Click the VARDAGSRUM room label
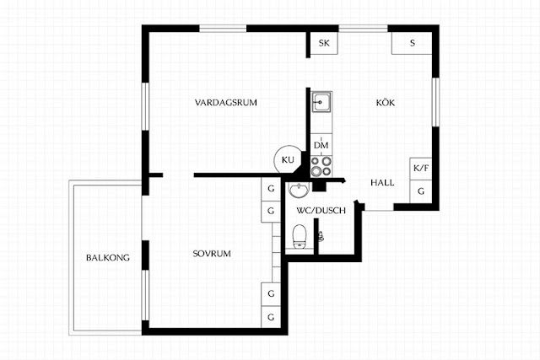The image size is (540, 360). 225,103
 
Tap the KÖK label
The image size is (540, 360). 386,102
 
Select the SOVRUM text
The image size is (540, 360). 212,254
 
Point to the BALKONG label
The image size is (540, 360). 108,257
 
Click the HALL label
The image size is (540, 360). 382,183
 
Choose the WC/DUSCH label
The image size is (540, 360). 321,210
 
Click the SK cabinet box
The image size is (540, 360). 324,43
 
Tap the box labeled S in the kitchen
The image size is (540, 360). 412,43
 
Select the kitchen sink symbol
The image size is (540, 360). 321,102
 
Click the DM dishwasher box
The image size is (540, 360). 321,145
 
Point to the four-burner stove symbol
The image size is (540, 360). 321,166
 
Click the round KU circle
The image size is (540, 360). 288,159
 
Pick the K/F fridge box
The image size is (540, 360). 420,169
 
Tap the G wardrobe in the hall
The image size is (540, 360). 420,191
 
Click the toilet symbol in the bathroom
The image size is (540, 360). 300,236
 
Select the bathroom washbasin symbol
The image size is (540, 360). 299,190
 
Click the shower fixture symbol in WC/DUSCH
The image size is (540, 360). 321,236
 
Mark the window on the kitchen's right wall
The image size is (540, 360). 435,102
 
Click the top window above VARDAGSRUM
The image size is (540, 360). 223,29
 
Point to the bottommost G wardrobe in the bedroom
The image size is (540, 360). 271,317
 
